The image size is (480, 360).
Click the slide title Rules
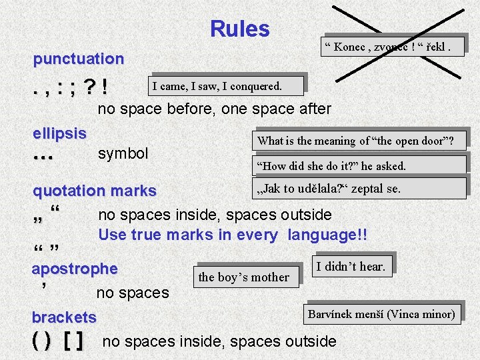(x=239, y=29)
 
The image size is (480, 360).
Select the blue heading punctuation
(x=79, y=59)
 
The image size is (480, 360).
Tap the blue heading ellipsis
(x=59, y=133)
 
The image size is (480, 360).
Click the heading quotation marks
(x=94, y=191)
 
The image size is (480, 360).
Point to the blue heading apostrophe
(x=75, y=269)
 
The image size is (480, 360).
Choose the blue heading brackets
(x=64, y=317)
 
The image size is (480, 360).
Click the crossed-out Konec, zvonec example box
(x=392, y=46)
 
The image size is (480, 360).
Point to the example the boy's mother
(x=244, y=277)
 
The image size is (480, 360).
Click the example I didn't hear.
(x=351, y=267)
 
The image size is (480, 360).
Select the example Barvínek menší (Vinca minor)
(x=381, y=314)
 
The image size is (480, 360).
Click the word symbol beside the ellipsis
(x=123, y=153)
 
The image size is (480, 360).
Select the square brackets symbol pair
(x=74, y=342)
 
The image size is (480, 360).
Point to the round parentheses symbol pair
(x=40, y=342)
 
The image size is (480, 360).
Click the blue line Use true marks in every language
(x=233, y=235)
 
